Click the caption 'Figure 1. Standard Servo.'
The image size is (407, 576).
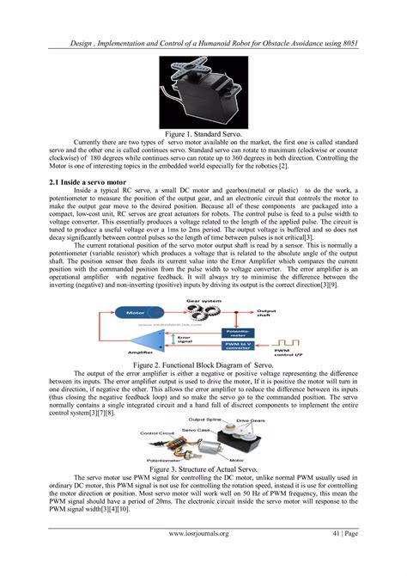click(203, 134)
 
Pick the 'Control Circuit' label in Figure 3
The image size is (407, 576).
click(157, 434)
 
